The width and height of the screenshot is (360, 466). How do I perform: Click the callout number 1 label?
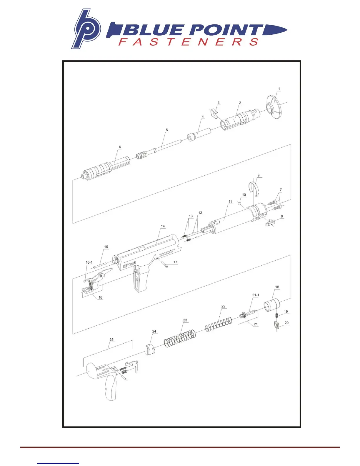coord(279,89)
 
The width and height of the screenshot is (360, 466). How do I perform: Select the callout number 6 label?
coord(120,147)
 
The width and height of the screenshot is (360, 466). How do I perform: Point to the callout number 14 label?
coord(163,226)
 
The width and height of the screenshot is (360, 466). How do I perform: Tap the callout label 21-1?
coord(256,295)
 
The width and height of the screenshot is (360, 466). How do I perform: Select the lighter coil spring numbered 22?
coord(218,324)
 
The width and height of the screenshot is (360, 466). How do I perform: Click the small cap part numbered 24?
coord(150,349)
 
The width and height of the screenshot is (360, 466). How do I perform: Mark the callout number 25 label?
coord(111,339)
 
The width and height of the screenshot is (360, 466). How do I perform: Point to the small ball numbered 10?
coord(239,203)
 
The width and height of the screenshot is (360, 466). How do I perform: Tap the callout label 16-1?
coord(89,262)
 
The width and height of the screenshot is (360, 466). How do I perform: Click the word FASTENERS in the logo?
coord(188,41)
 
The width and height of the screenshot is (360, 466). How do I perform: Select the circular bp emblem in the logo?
coord(86,29)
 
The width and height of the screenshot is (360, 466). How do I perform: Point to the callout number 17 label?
coord(175,262)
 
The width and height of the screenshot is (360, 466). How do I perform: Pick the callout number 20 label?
coord(286,323)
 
